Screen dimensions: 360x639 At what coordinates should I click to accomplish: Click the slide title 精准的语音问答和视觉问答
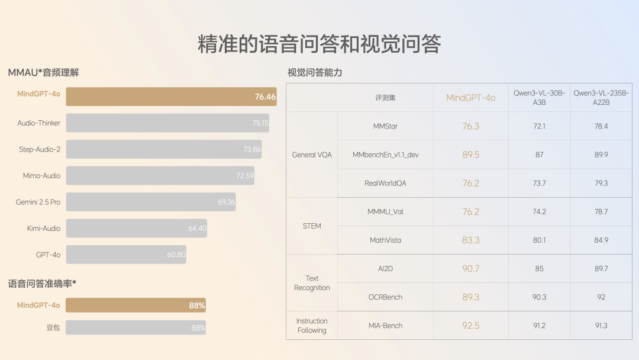click(319, 44)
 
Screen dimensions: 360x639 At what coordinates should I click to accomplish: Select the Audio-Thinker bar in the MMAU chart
click(167, 123)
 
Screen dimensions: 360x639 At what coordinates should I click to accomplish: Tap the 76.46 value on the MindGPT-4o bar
click(265, 97)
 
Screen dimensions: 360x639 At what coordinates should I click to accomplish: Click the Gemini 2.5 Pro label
click(38, 202)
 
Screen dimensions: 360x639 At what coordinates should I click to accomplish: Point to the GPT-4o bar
click(125, 255)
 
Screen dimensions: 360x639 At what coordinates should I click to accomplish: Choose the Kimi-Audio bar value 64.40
click(197, 229)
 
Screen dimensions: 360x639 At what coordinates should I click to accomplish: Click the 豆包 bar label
click(53, 327)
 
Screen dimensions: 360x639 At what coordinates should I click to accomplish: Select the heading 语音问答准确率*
click(42, 284)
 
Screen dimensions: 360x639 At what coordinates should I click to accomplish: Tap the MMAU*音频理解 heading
click(43, 73)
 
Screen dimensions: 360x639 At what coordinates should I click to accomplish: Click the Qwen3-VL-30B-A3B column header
click(539, 98)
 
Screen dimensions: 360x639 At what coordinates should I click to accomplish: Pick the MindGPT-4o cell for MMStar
click(470, 126)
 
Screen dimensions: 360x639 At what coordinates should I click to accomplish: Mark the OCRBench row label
click(385, 297)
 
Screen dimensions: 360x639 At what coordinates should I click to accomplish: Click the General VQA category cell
click(312, 155)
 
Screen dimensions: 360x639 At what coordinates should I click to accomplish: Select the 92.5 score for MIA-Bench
click(470, 326)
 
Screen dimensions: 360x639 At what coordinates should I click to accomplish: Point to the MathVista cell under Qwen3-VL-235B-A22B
click(601, 240)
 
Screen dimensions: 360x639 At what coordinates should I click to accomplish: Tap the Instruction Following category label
click(312, 326)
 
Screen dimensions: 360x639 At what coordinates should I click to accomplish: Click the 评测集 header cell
click(385, 98)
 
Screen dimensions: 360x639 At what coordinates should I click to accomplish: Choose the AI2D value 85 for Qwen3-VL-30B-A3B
click(539, 269)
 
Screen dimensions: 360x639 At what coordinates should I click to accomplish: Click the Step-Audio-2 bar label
click(39, 149)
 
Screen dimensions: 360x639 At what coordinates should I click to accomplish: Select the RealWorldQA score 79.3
click(601, 184)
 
